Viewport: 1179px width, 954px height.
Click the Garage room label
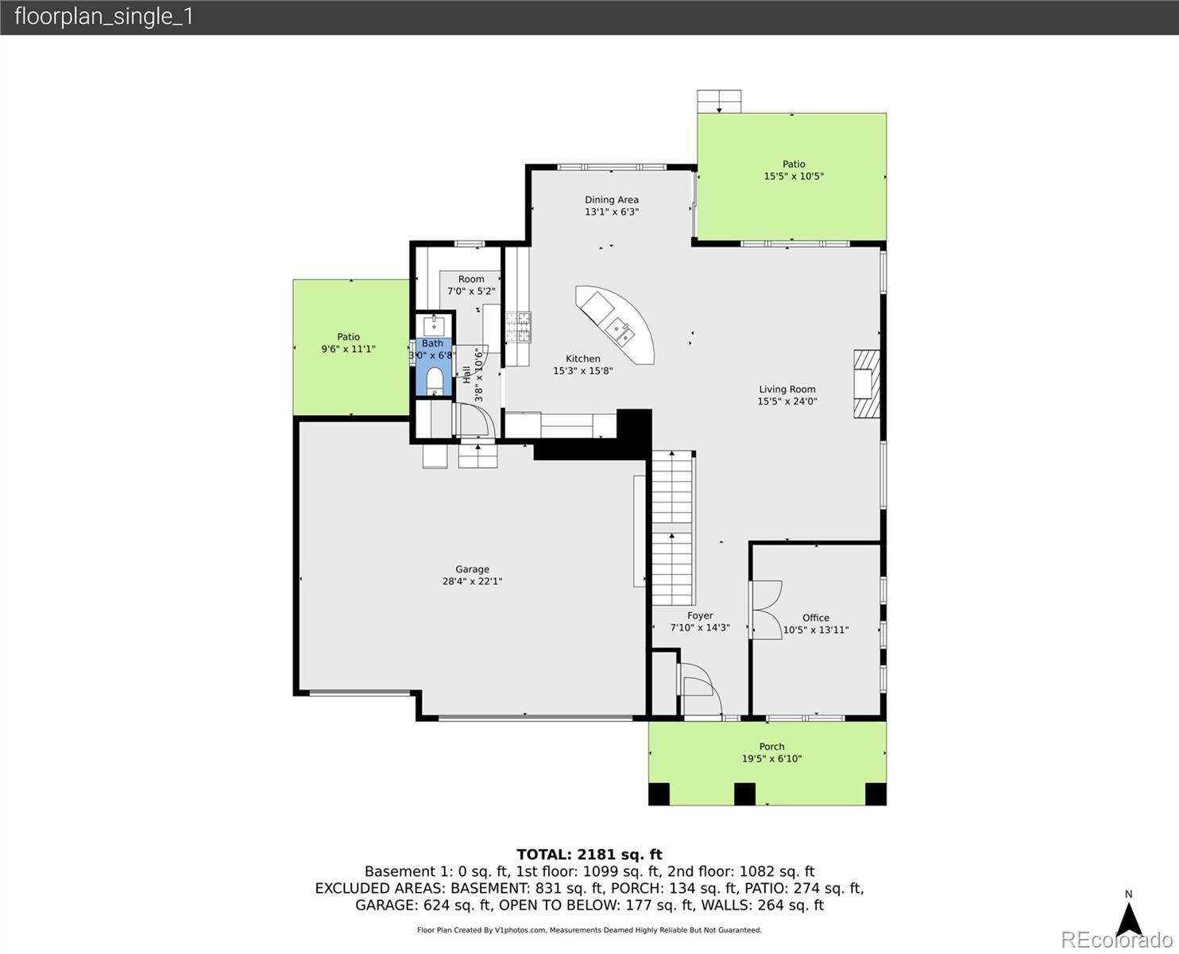[472, 568]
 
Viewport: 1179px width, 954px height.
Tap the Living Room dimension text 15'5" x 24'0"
[787, 401]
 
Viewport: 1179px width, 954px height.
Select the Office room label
[816, 618]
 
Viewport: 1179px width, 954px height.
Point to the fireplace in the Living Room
[866, 384]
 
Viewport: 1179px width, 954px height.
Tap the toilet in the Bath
[435, 381]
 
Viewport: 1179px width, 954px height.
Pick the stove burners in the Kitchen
[518, 328]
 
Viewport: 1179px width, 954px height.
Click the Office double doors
[766, 610]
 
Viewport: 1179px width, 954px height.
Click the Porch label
[771, 747]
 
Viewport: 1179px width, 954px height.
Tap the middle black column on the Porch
[744, 794]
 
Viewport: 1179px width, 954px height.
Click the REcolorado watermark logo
[1116, 940]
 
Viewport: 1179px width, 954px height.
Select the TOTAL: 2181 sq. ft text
[589, 855]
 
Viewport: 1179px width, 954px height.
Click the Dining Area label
[612, 200]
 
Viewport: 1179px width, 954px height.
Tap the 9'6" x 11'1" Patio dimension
[348, 349]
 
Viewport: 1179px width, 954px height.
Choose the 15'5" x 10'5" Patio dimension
[794, 176]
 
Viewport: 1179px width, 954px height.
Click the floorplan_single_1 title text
[104, 17]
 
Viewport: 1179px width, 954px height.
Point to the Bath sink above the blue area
[434, 326]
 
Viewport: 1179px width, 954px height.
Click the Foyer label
[700, 615]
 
